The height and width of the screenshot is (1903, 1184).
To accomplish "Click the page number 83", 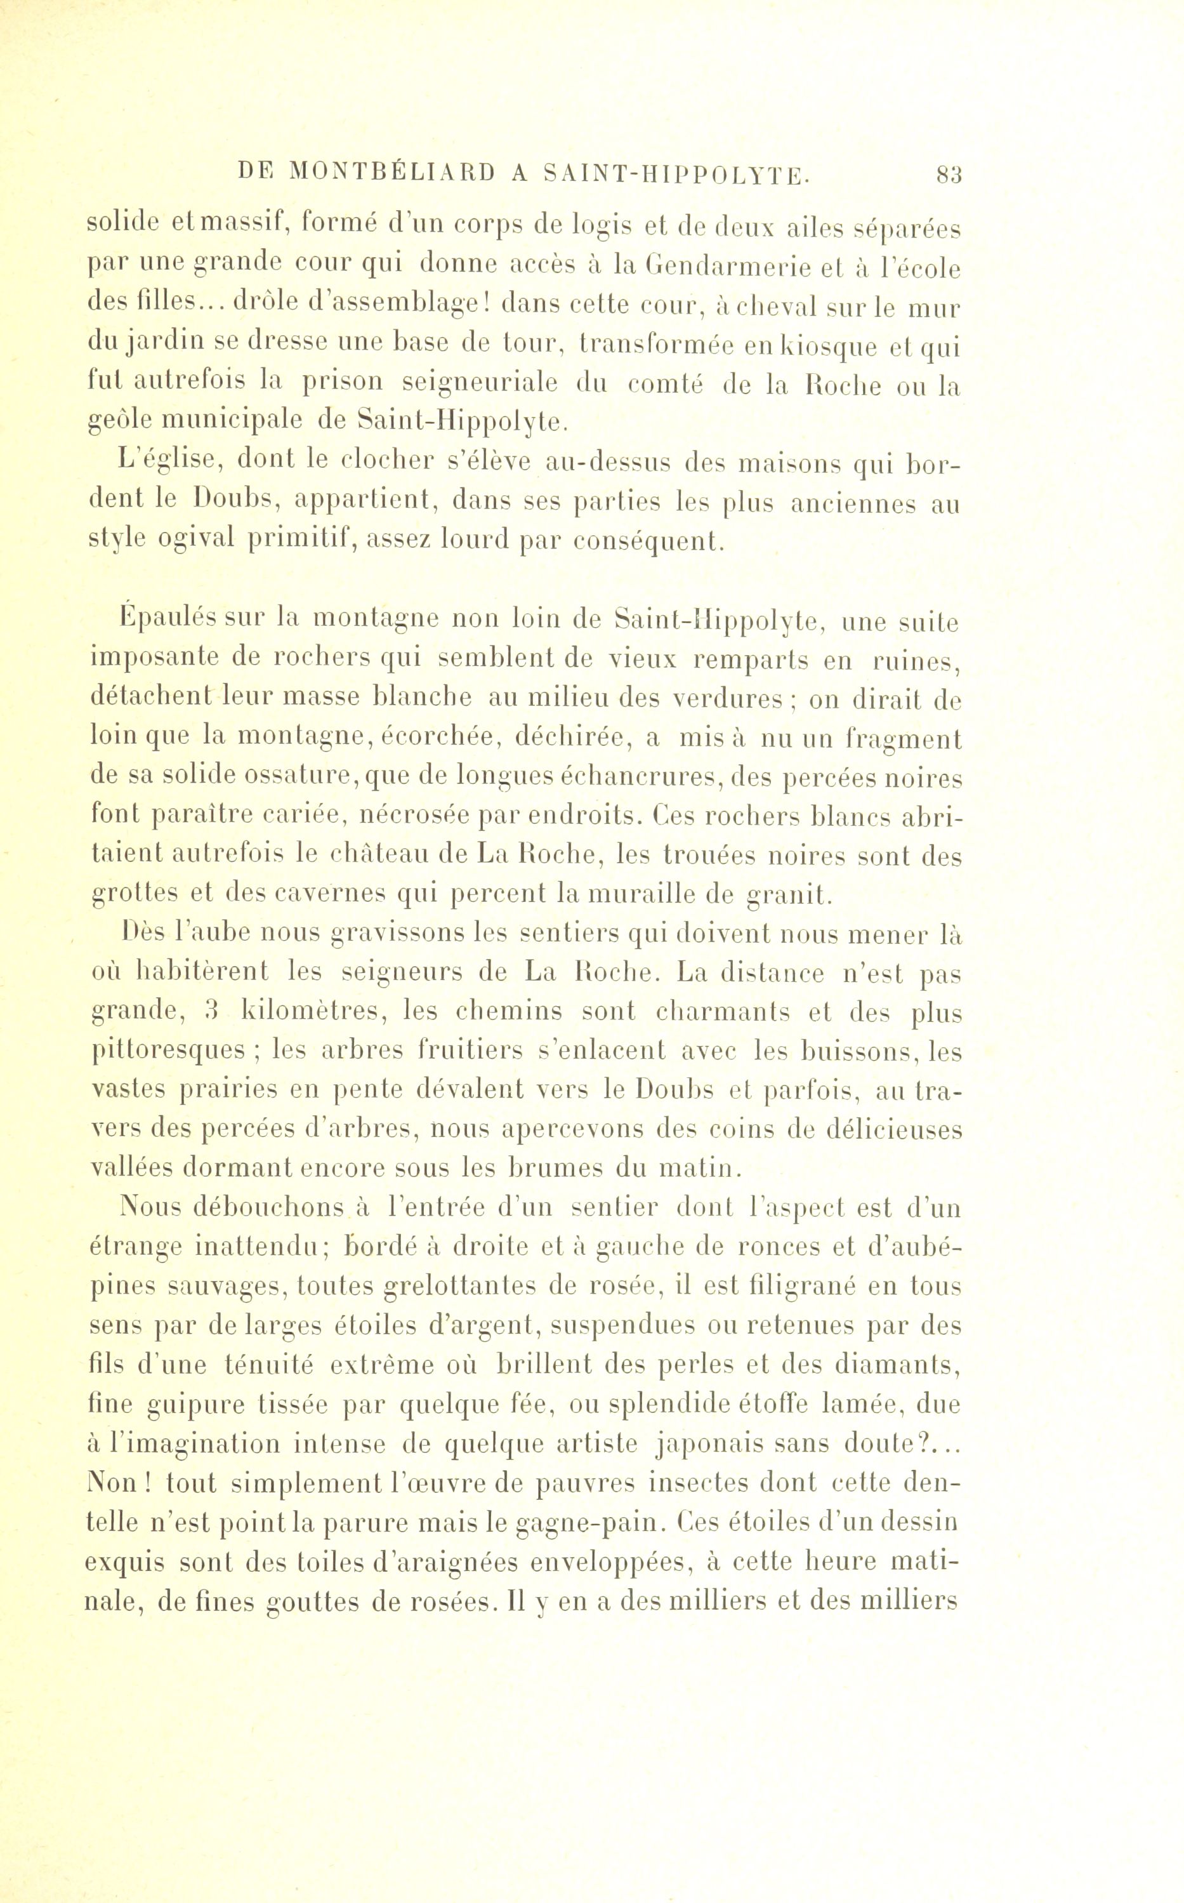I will (x=949, y=174).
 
